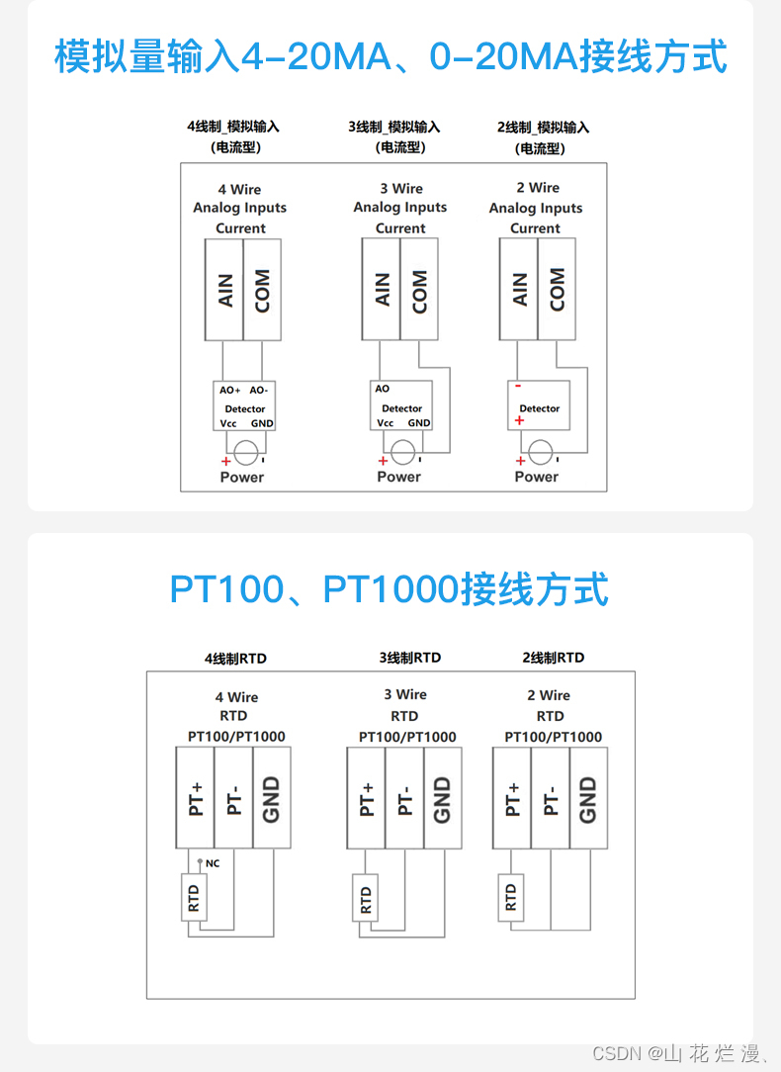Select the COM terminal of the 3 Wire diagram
[419, 290]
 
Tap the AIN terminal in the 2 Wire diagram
[519, 290]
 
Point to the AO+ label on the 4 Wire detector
[229, 391]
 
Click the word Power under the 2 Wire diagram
[537, 477]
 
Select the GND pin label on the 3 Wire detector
[419, 423]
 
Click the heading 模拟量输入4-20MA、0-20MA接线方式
[390, 56]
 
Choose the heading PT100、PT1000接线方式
[390, 589]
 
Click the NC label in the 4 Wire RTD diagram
[213, 863]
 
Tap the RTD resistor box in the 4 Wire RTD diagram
[194, 898]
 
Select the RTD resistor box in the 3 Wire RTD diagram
[366, 900]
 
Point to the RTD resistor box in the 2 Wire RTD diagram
[510, 897]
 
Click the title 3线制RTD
[409, 658]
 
